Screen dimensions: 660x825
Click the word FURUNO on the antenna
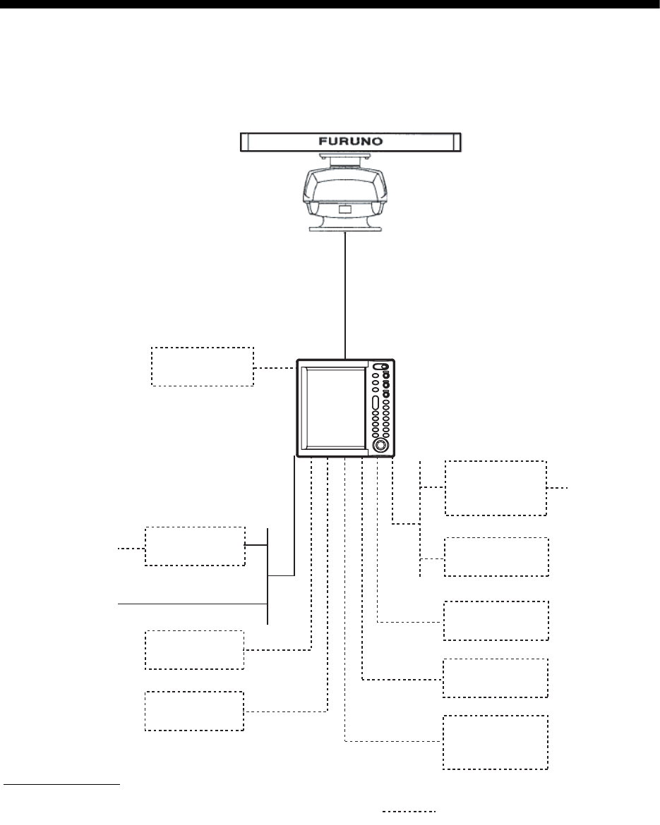349,141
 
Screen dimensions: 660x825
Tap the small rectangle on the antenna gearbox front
345,209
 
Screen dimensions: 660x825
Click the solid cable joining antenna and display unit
345,296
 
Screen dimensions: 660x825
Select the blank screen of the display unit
332,408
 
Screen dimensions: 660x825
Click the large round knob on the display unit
380,446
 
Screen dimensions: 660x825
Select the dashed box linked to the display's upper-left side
203,366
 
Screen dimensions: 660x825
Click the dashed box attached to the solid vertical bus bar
195,545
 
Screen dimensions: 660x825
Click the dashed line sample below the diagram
409,812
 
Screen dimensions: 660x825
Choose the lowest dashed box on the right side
495,742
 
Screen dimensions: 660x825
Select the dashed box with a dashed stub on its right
495,488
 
